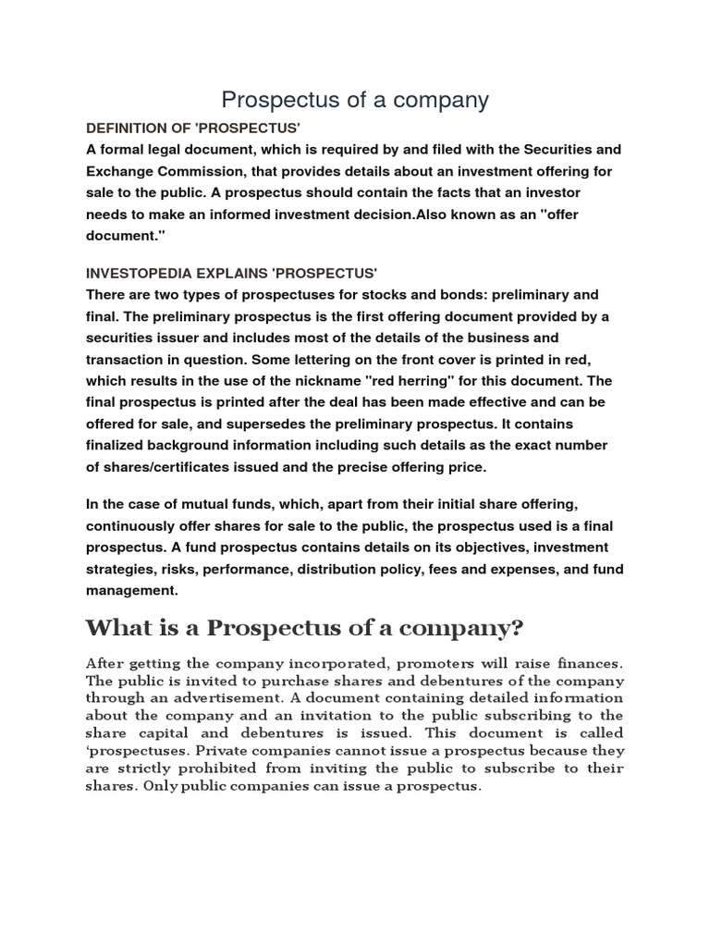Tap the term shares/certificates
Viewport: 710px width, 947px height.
(165, 467)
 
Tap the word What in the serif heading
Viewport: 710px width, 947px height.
(112, 630)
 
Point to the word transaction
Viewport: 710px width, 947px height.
(129, 359)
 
